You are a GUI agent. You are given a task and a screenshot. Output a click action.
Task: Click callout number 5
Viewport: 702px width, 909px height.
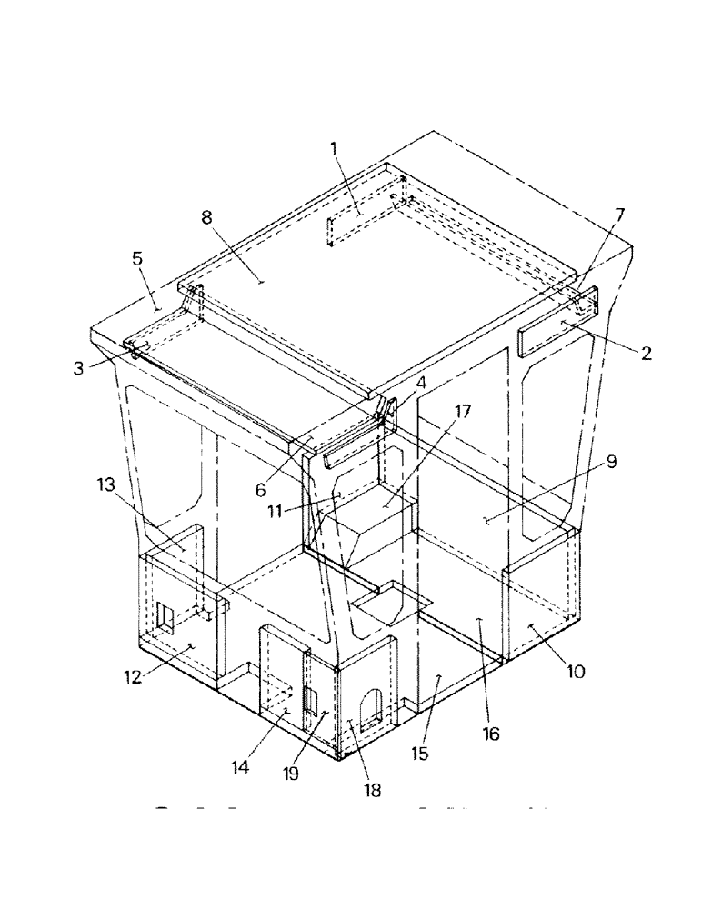click(137, 258)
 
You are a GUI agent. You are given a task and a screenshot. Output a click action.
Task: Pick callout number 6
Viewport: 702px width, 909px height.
click(261, 490)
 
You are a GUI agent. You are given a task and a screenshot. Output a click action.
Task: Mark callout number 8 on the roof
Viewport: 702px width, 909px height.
click(206, 217)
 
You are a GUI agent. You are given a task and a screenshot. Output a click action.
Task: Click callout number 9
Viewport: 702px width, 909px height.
click(611, 461)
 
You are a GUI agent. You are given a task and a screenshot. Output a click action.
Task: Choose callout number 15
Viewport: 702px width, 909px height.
click(419, 754)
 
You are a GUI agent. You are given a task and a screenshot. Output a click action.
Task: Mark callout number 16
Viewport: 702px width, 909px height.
click(492, 734)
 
